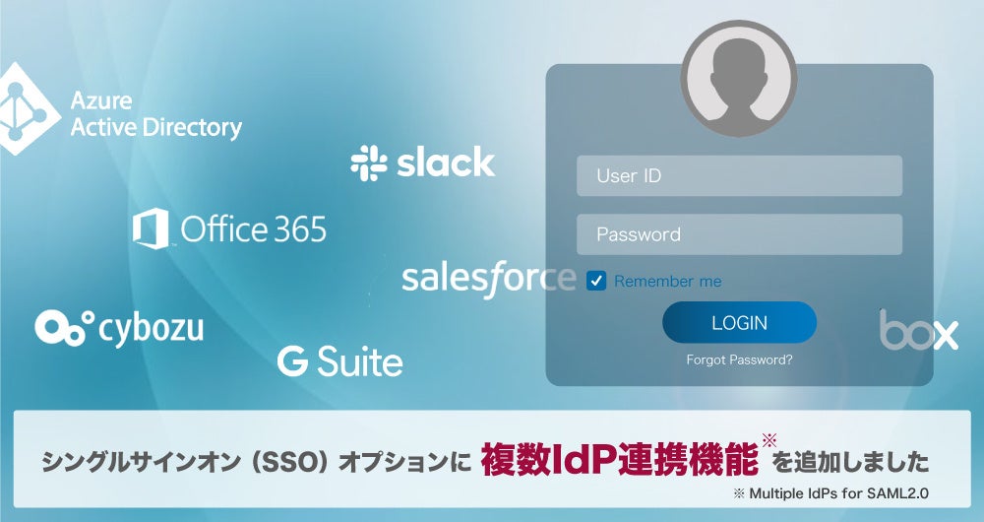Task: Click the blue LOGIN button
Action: [739, 322]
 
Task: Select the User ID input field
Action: [739, 176]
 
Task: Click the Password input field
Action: [739, 234]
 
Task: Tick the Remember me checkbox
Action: [596, 281]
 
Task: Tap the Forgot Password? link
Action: [739, 359]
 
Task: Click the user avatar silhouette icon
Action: [739, 79]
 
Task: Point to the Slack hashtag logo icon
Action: [369, 163]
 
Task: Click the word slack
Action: [446, 163]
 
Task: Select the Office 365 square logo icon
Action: [152, 228]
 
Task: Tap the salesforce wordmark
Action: [488, 278]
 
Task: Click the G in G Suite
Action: [292, 361]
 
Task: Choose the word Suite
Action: [359, 361]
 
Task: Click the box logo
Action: [918, 331]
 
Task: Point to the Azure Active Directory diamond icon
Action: [22, 109]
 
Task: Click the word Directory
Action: [193, 127]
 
